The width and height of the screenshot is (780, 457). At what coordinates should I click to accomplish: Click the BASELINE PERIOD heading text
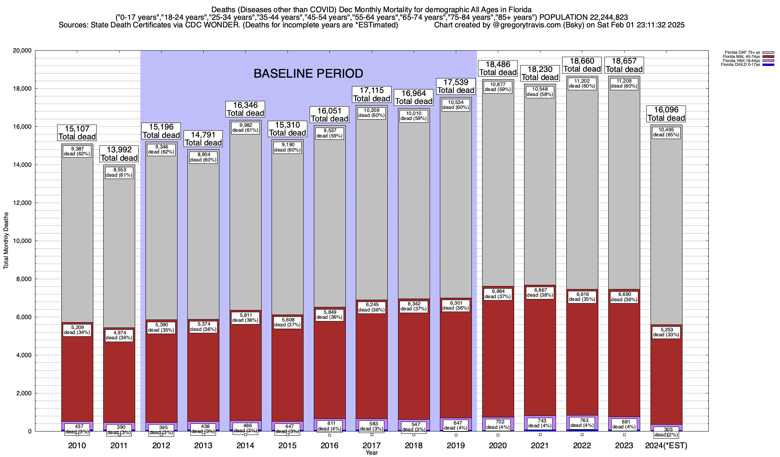tap(308, 73)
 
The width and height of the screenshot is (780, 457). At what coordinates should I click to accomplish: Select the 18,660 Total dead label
tap(582, 65)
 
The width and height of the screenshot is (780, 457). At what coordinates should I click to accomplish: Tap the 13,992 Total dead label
tap(119, 154)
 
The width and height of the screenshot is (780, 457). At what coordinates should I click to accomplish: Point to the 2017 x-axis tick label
tap(372, 445)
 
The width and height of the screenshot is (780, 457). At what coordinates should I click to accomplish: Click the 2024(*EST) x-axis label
tap(666, 445)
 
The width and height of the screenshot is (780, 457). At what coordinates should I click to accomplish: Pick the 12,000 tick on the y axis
tap(21, 203)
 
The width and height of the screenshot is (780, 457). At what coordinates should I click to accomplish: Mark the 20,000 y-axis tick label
tap(21, 51)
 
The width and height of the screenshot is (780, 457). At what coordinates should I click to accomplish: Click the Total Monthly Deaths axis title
tap(6, 241)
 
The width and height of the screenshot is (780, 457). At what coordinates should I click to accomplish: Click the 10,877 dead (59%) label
tap(498, 87)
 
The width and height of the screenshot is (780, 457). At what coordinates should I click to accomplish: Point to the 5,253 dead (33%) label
tap(666, 332)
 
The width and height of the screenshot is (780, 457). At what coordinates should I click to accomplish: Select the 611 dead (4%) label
tap(329, 426)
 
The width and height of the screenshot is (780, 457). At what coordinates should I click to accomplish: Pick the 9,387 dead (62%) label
tap(77, 151)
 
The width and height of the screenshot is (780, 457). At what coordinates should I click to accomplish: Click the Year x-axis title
tap(371, 452)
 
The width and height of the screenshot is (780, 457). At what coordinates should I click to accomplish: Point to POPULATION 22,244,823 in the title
tap(583, 17)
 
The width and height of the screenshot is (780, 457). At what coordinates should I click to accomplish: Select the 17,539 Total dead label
tap(456, 86)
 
